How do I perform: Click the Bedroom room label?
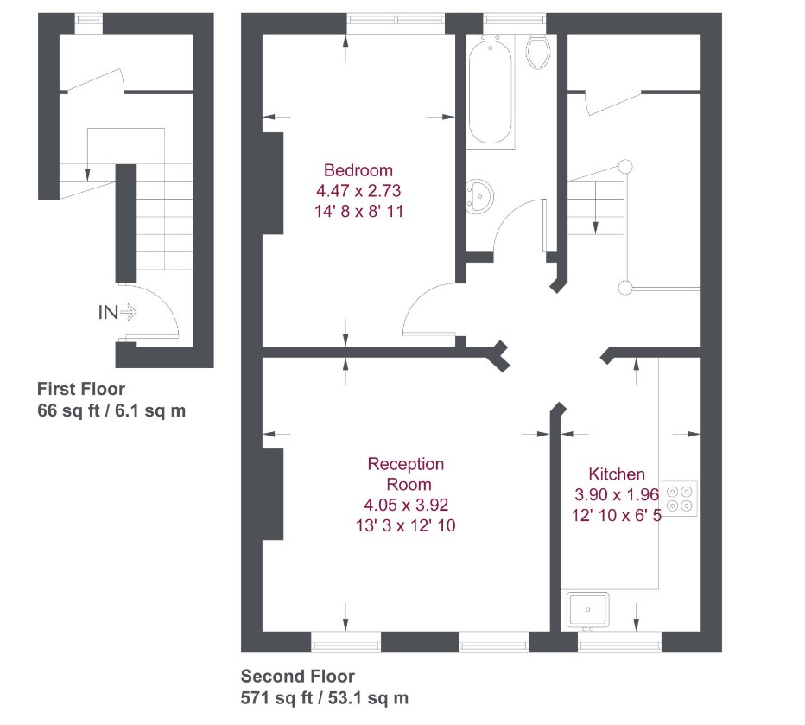point(358,170)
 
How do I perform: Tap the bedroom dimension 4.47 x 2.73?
point(358,190)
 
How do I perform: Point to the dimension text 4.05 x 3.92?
point(406,505)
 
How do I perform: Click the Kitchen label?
point(616,474)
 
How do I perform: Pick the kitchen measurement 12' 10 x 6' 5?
point(616,515)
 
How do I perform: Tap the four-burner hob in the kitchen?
point(680,498)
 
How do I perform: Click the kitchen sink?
point(587,609)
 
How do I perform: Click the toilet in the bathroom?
point(539,52)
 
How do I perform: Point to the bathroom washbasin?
point(478,196)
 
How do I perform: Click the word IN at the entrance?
point(107,313)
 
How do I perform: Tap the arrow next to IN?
point(128,313)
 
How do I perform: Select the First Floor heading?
point(80,389)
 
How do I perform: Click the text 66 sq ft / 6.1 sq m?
point(111,410)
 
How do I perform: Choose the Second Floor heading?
point(297,677)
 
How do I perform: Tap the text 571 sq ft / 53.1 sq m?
point(325,698)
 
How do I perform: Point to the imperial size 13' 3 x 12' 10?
point(406,525)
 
